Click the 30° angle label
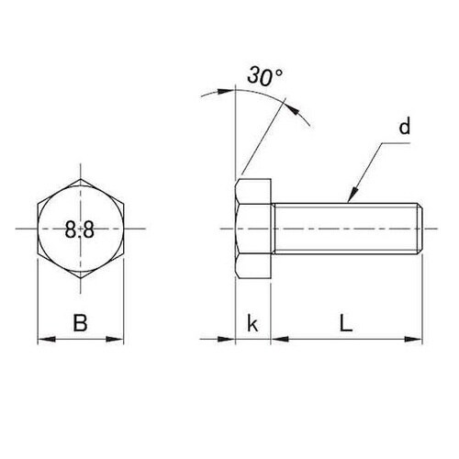(x=264, y=76)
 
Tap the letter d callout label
(x=405, y=126)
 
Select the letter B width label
(x=80, y=322)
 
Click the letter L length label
(x=346, y=323)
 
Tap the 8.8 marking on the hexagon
(x=80, y=229)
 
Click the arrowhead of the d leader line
(x=353, y=195)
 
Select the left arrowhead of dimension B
(x=47, y=339)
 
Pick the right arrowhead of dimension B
(x=115, y=339)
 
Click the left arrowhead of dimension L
(x=280, y=339)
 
